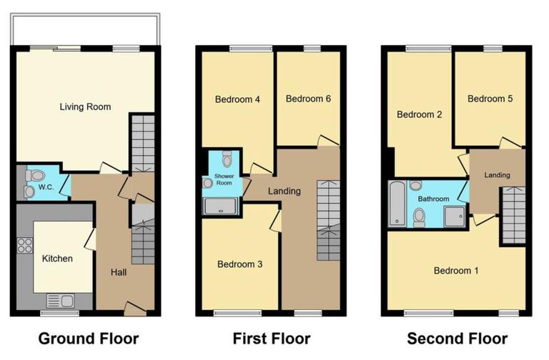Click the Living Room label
coord(85,107)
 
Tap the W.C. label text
coord(46,188)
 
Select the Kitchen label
coord(57,259)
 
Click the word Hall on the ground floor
coord(119,272)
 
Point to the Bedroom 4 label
coord(237,99)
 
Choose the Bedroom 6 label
coord(308,99)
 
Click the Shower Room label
coord(224,179)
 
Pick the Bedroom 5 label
coord(490,99)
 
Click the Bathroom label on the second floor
coord(433,199)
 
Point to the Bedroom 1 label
coord(457,271)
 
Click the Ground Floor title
coord(88,338)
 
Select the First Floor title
coord(272,338)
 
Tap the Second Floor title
coord(457,338)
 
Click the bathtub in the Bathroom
coord(396,204)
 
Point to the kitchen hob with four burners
coord(25,245)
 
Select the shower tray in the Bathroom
coord(453,216)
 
